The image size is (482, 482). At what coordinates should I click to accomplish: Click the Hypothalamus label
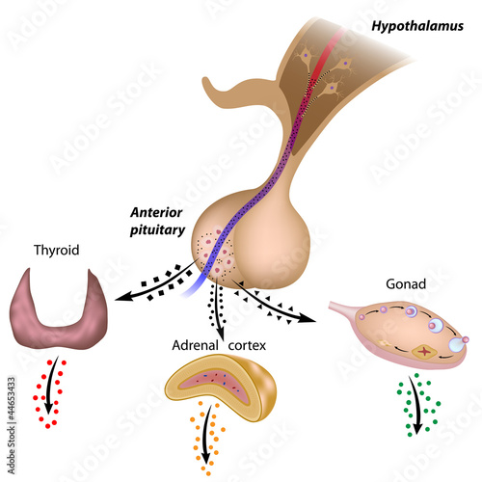pyautogui.click(x=417, y=26)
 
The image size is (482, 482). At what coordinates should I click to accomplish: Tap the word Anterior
pyautogui.click(x=156, y=213)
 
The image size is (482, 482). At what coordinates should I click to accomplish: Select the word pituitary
pyautogui.click(x=157, y=230)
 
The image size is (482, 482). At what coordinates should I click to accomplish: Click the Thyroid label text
pyautogui.click(x=57, y=251)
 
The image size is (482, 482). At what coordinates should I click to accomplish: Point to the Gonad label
pyautogui.click(x=406, y=284)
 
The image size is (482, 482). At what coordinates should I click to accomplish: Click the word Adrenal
pyautogui.click(x=195, y=346)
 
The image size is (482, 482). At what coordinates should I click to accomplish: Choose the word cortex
pyautogui.click(x=247, y=346)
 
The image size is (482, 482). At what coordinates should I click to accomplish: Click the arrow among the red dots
pyautogui.click(x=51, y=386)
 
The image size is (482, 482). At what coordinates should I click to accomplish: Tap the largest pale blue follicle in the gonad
pyautogui.click(x=456, y=345)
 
